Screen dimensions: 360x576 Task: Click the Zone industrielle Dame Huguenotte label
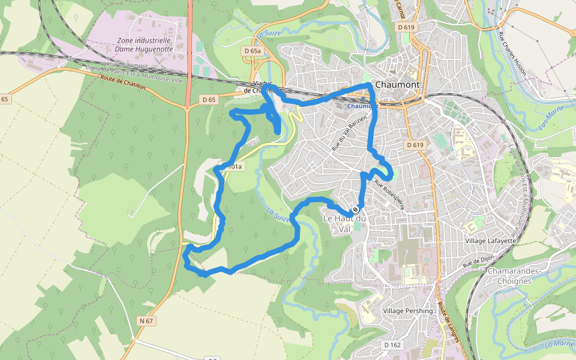pos(145,44)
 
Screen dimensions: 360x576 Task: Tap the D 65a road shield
pos(253,52)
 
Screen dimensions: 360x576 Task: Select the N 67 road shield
pos(146,321)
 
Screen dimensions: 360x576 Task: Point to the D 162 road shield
pos(392,344)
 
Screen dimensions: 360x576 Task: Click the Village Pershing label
pos(407,311)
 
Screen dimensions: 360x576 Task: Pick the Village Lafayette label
pos(490,241)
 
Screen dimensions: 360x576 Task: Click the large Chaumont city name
pos(397,85)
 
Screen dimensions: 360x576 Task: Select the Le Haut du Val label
pos(344,223)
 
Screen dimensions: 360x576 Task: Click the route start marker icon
pos(355,209)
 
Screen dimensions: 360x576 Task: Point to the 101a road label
pos(234,166)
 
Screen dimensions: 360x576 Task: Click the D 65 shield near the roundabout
pos(209,99)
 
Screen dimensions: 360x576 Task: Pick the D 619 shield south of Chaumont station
pos(415,145)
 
